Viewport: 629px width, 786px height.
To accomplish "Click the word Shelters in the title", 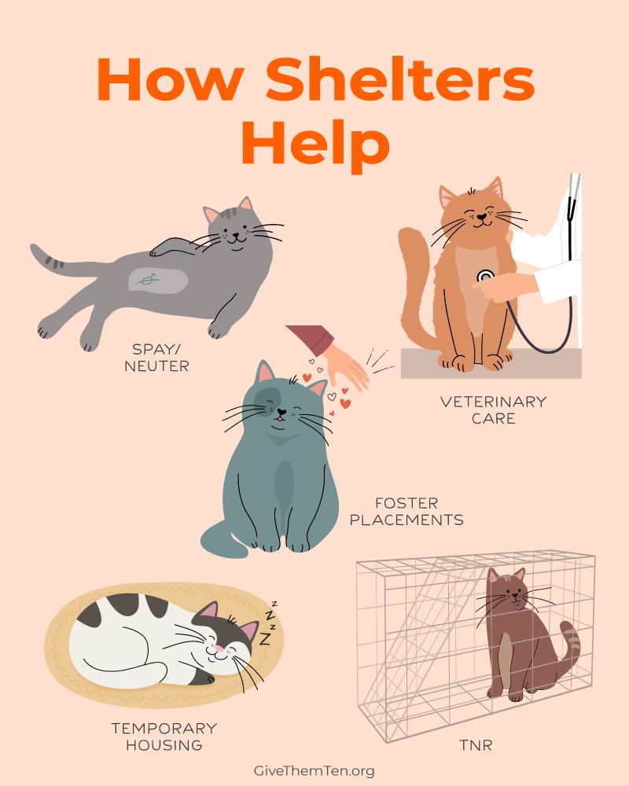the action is (400, 79).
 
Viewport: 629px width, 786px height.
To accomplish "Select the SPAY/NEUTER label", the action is (156, 358).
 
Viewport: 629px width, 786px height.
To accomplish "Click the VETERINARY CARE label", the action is (493, 410).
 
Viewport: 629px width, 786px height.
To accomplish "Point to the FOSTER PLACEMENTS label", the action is (406, 512).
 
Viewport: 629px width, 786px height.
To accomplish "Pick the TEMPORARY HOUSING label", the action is (164, 736).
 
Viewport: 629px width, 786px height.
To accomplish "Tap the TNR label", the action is (476, 745).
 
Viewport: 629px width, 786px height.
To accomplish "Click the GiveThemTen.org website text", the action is (314, 770).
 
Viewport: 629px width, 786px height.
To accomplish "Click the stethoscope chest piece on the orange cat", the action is (486, 276).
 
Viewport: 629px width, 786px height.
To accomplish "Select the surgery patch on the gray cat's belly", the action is (157, 281).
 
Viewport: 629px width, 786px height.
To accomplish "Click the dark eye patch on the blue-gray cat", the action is (268, 398).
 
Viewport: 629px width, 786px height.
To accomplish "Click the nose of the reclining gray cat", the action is (235, 233).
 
